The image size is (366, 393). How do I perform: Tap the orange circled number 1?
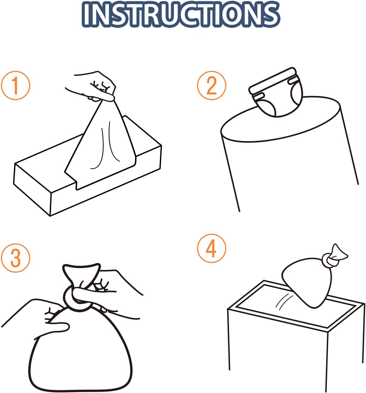[15, 86]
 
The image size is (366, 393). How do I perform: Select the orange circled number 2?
[212, 86]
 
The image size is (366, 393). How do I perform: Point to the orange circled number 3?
[15, 258]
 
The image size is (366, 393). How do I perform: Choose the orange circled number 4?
[212, 249]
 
